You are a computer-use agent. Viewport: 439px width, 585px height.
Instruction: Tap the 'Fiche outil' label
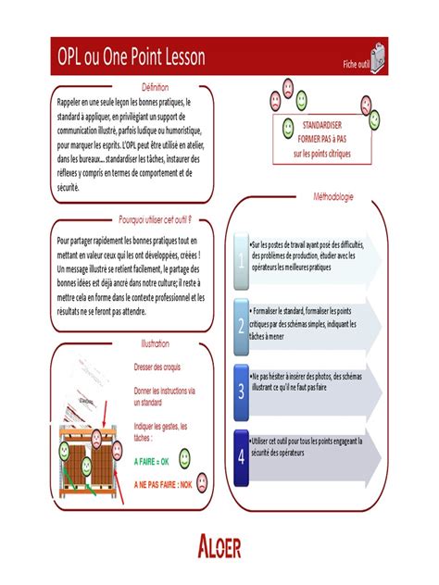(356, 64)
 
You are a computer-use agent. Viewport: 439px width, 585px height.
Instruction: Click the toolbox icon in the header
(379, 57)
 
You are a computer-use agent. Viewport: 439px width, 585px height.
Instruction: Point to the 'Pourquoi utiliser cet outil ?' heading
(154, 219)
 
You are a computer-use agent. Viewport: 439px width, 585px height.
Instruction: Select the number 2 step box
(242, 325)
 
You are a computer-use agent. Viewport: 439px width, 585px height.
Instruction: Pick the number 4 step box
(242, 455)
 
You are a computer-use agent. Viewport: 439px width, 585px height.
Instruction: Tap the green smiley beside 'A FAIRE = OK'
(183, 456)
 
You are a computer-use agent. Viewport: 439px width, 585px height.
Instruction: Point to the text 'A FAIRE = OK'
(151, 460)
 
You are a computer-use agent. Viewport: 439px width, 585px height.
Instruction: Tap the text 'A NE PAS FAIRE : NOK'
(162, 484)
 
